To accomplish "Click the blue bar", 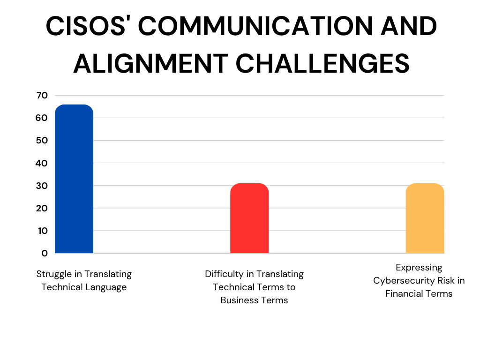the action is (74, 179).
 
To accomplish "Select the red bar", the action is (249, 218).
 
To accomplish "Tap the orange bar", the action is (425, 218).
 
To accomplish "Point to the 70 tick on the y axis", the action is (42, 96).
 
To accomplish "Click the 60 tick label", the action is (42, 118).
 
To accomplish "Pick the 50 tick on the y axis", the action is (42, 141).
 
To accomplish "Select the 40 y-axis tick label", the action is (42, 163).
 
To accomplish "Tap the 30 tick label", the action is (42, 186).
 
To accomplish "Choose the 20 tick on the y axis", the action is (42, 208).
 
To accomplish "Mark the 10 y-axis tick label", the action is (43, 231).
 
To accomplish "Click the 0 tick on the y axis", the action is (45, 253).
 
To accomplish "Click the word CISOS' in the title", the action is (86, 26).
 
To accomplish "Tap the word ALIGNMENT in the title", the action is (150, 64).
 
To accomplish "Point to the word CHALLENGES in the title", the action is (322, 64).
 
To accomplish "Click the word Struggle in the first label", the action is (56, 274).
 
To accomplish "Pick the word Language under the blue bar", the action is (106, 287).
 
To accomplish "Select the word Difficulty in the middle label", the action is (225, 274).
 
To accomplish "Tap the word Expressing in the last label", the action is (419, 268).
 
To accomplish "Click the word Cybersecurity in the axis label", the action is (405, 281).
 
